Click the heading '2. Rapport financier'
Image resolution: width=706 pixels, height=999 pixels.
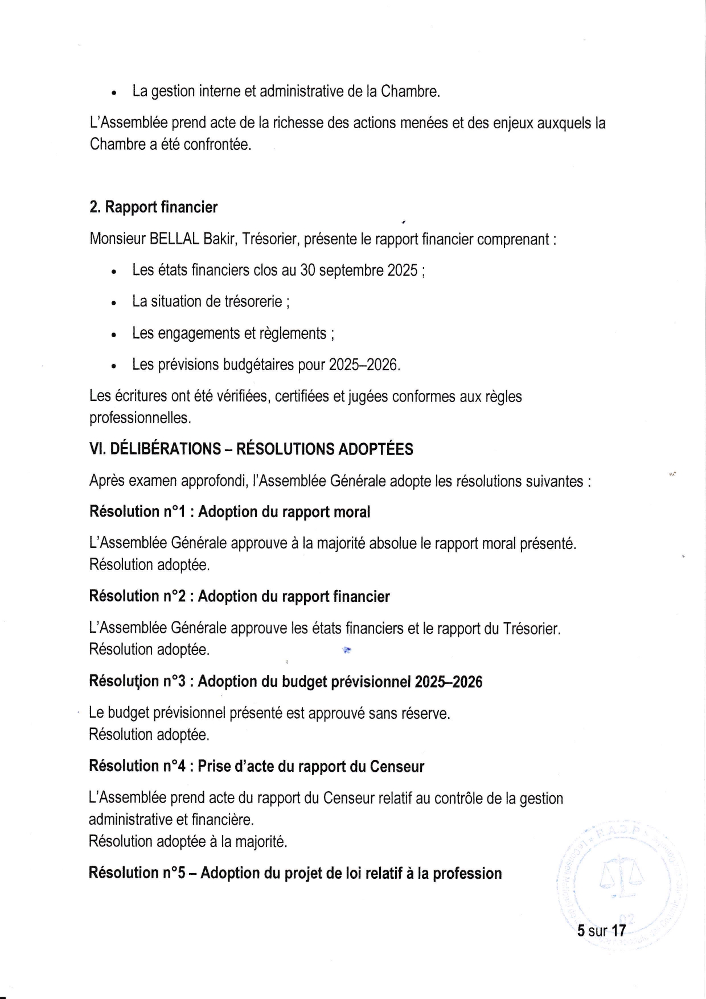pyautogui.click(x=153, y=207)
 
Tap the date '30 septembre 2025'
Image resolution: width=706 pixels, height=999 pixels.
pyautogui.click(x=359, y=270)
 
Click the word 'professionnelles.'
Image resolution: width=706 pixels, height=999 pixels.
pyautogui.click(x=140, y=418)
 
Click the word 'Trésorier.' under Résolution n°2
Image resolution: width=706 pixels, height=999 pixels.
pyautogui.click(x=532, y=629)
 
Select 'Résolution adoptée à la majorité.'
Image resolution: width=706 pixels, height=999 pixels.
pyautogui.click(x=188, y=841)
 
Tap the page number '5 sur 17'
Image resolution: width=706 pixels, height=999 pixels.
pyautogui.click(x=601, y=931)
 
